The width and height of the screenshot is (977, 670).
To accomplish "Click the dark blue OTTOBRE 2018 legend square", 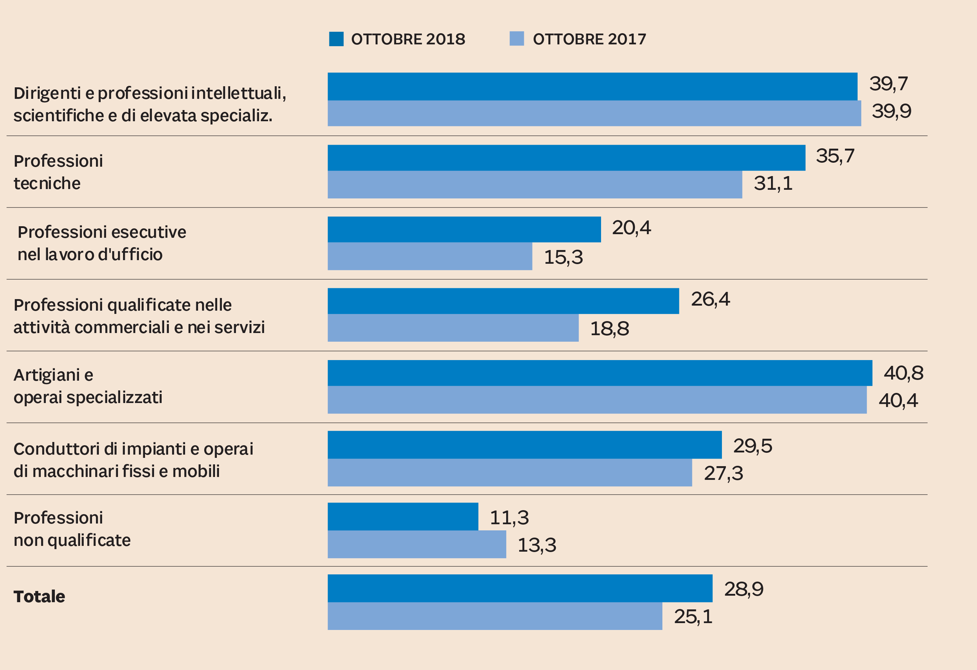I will tap(336, 39).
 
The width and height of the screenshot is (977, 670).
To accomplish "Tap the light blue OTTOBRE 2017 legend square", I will tap(517, 39).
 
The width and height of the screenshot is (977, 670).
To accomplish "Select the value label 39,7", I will tap(888, 84).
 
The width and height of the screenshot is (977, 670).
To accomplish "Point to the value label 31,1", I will tap(773, 183).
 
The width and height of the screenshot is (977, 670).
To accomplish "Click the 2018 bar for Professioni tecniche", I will tap(566, 158).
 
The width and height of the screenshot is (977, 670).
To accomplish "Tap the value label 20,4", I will tap(631, 228).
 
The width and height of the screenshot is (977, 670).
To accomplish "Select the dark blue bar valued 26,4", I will tap(503, 301).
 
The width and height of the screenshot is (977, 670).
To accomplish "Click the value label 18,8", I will tap(609, 329).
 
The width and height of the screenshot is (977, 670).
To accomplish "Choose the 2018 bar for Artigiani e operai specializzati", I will tap(600, 373).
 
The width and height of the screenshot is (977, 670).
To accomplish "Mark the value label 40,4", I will tap(898, 400).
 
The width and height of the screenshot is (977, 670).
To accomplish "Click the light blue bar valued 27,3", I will tap(509, 472).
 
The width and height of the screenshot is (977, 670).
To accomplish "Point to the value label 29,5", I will tap(753, 446).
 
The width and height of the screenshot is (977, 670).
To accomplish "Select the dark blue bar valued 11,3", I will tap(403, 517).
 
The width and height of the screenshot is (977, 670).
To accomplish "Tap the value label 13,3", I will tap(536, 545).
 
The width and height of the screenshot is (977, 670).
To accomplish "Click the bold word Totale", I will tap(39, 596).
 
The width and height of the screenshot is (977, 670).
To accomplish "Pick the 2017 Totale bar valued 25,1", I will tap(495, 616).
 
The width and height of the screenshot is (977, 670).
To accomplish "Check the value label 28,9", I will tap(743, 589).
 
